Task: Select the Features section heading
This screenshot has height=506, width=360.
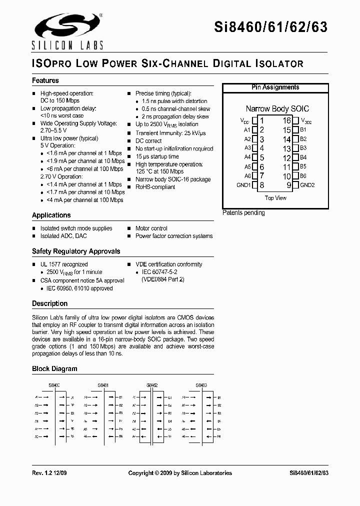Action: tap(45, 80)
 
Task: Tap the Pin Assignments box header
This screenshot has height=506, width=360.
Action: tap(275, 87)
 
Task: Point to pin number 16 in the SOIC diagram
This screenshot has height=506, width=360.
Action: tap(286, 120)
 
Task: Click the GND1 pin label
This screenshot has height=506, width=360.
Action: tap(243, 185)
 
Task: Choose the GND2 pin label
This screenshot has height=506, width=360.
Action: tap(307, 185)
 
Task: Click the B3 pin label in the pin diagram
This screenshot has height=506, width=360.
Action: tap(303, 148)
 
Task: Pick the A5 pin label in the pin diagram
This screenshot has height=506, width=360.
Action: tap(247, 166)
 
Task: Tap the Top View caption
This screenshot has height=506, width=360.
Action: tap(275, 198)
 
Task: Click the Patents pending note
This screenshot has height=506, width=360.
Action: tap(243, 213)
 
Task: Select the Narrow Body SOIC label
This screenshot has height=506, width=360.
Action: tap(277, 108)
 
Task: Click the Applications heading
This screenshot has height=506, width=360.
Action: tap(51, 215)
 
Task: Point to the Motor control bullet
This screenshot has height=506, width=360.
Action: tap(151, 228)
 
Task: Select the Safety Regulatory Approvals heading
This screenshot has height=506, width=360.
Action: tap(76, 251)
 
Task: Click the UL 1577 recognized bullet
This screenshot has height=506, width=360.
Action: tap(63, 264)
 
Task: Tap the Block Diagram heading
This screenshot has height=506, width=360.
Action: tap(54, 369)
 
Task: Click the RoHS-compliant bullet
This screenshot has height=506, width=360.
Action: tap(155, 187)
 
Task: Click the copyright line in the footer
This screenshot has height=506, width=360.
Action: tap(180, 473)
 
